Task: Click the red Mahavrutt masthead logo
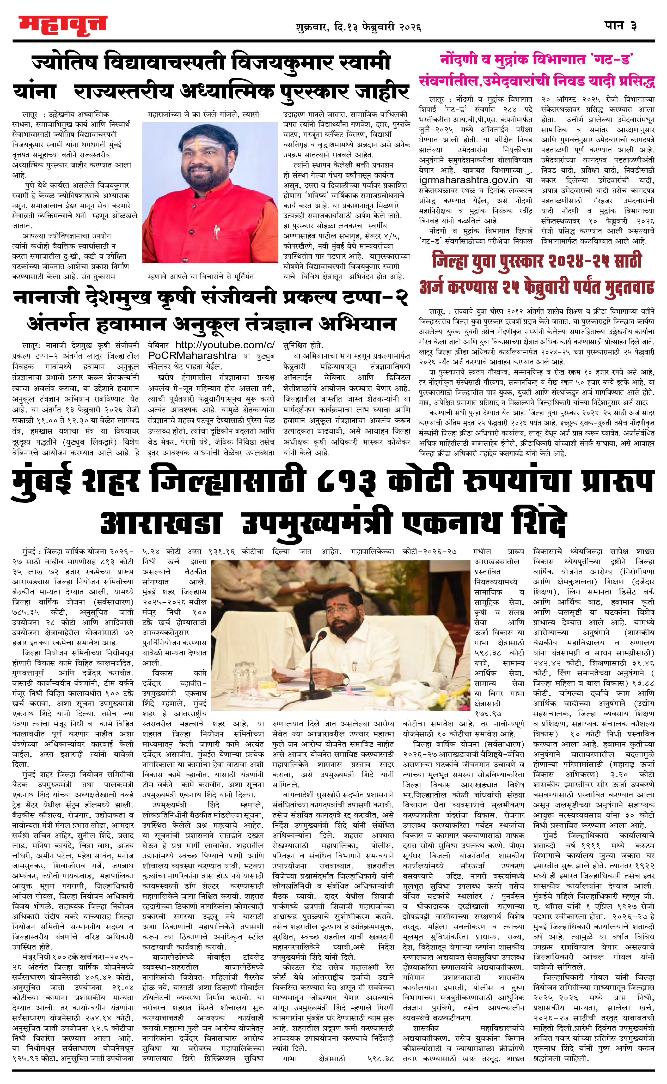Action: click(x=63, y=25)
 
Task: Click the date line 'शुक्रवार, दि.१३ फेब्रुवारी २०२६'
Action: click(x=358, y=27)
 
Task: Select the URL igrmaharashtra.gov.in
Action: click(x=468, y=180)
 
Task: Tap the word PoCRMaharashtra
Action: click(x=192, y=355)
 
